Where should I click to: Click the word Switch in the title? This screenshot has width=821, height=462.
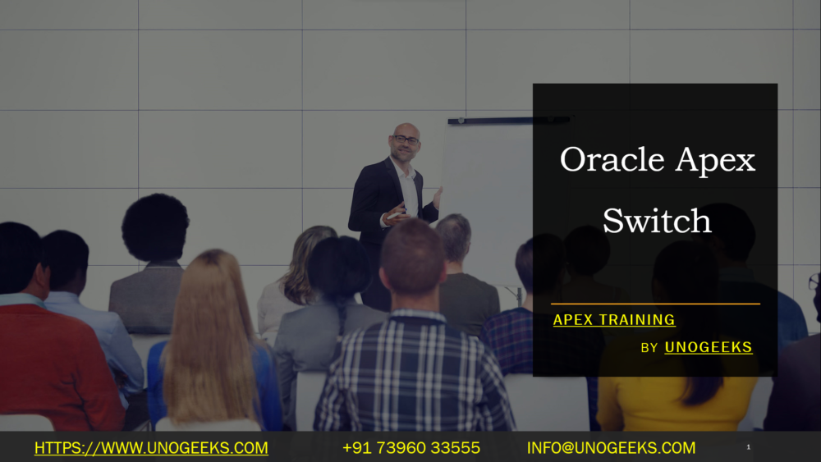tap(657, 221)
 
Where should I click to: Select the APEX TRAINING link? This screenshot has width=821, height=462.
tap(614, 320)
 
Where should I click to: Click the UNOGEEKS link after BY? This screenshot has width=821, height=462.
tap(709, 347)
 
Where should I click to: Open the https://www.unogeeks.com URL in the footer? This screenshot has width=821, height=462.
tap(151, 448)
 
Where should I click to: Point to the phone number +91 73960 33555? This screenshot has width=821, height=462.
tap(410, 448)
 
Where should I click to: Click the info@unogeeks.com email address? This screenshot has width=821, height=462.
tap(611, 448)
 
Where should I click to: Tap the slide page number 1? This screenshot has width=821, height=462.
tap(749, 448)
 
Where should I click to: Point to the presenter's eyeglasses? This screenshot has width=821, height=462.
tap(406, 140)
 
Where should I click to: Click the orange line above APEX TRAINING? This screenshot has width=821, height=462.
tap(655, 304)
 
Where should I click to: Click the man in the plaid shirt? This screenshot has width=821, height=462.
tap(415, 361)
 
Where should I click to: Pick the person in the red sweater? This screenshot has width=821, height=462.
tap(49, 361)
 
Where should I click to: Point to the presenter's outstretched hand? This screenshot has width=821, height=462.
tap(438, 198)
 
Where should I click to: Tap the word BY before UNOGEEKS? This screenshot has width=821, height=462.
tap(649, 348)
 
